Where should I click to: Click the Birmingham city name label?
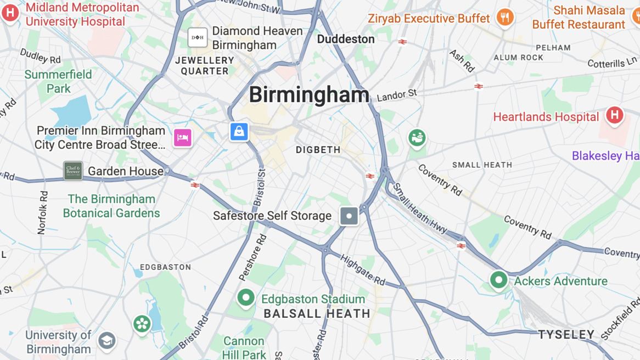coord(309,94)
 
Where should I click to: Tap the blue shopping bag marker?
coord(239,132)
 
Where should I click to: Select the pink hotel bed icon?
coord(183,137)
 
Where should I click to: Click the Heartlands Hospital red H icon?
coord(614,115)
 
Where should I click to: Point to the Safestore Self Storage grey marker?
coord(349,216)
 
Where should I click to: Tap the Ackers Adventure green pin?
coord(498,280)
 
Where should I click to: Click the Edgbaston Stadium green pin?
coord(246,298)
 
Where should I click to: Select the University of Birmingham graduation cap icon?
coord(107,341)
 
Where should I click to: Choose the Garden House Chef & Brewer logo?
coord(73,171)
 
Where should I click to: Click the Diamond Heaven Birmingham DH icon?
coord(198,37)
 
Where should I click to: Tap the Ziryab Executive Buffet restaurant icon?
coord(504,18)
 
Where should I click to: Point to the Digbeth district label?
coord(318,150)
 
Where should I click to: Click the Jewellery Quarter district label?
coord(205,65)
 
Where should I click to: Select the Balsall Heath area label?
coord(317,314)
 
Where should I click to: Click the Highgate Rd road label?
coord(363,269)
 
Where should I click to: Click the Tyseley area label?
coord(566,334)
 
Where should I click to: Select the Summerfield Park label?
coord(58,81)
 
